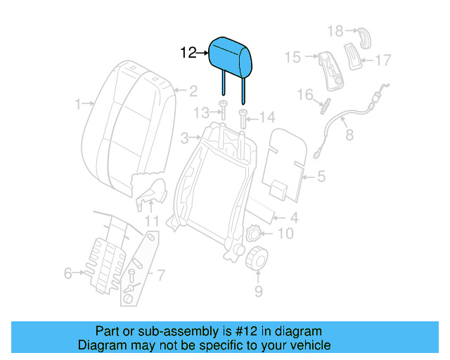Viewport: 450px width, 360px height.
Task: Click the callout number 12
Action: point(188,52)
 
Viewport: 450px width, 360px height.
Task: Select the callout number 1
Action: point(77,105)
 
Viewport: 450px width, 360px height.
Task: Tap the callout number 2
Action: point(192,90)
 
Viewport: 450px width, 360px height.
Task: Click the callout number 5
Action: point(321,177)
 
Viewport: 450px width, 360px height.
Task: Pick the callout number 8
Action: point(349,132)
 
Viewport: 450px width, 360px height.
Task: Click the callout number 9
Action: point(258,290)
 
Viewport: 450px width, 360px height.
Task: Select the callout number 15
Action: point(292,56)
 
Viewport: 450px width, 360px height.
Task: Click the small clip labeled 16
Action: point(324,108)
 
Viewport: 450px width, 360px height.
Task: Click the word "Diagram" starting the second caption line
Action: point(103,345)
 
